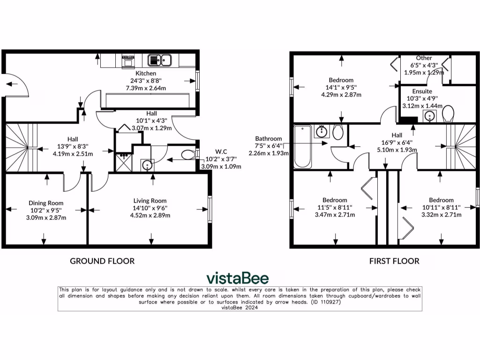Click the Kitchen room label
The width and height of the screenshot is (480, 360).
(x=146, y=74)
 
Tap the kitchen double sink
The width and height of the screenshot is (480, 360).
(x=160, y=60)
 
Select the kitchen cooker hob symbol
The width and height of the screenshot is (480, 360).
(x=128, y=60)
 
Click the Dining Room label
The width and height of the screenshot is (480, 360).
(x=46, y=203)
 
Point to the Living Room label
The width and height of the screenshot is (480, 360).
(x=150, y=201)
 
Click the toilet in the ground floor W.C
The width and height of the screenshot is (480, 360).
(x=188, y=155)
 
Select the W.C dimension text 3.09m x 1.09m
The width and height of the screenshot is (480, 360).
(x=221, y=166)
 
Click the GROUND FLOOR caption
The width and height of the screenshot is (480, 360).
(x=102, y=261)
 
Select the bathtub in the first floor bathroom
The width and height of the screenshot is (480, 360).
(x=302, y=147)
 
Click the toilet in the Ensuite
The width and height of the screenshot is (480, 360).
(x=448, y=113)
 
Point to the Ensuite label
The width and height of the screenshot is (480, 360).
(x=422, y=91)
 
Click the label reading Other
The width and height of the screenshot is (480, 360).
(x=424, y=58)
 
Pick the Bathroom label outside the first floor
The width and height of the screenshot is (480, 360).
(x=269, y=139)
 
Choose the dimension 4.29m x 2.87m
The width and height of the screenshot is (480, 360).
(x=341, y=95)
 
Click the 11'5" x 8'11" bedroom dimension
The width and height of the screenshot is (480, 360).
(x=335, y=207)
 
